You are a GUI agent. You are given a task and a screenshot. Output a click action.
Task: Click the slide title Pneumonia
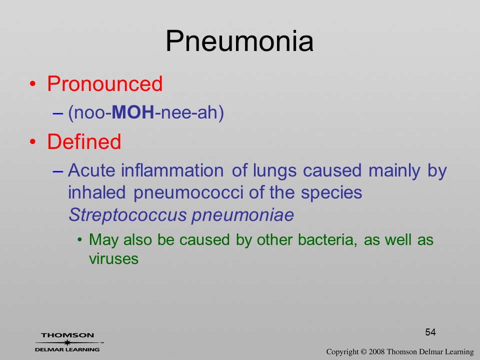239,41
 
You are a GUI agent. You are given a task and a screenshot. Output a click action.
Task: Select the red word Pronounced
104,83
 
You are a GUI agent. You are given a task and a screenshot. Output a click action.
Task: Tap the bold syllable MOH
133,112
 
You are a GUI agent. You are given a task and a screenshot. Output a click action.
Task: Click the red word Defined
84,141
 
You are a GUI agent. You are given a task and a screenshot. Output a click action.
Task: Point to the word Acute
91,170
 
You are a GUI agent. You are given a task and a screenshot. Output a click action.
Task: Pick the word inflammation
172,170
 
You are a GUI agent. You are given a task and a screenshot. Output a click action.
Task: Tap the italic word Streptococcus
127,215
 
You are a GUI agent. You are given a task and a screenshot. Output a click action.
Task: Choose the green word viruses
113,259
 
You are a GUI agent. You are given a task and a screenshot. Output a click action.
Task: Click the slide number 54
430,332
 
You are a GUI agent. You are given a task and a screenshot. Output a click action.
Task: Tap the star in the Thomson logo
67,342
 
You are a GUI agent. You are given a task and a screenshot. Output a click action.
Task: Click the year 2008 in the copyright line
376,351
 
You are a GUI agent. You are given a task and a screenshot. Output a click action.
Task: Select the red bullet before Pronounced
33,84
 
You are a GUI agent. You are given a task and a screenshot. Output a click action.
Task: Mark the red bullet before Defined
33,141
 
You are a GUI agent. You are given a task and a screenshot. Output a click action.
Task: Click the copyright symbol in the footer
363,351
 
